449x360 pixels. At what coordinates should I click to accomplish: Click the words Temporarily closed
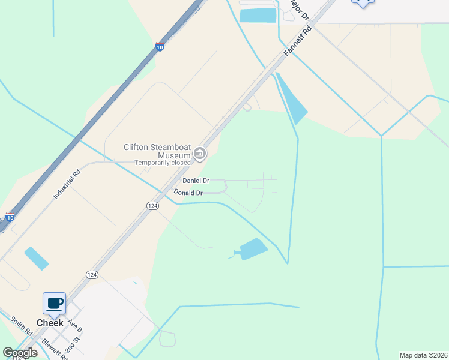pos(162,163)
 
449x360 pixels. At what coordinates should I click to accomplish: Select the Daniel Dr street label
pos(196,181)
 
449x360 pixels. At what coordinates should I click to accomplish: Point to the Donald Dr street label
pos(188,193)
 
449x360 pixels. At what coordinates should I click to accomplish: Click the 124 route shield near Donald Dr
pos(152,205)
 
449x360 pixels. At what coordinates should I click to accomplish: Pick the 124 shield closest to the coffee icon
pos(92,274)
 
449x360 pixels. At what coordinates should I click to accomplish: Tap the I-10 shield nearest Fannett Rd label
pos(160,46)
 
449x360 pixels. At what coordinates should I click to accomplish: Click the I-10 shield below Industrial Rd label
pos(10,217)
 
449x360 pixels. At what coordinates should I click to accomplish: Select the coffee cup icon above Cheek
pos(54,303)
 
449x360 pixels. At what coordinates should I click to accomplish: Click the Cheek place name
pos(50,323)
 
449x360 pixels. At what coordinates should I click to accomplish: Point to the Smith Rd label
pos(21,326)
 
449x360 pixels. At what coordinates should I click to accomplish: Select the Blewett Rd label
pos(54,349)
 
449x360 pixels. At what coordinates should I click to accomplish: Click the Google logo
pos(20,353)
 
